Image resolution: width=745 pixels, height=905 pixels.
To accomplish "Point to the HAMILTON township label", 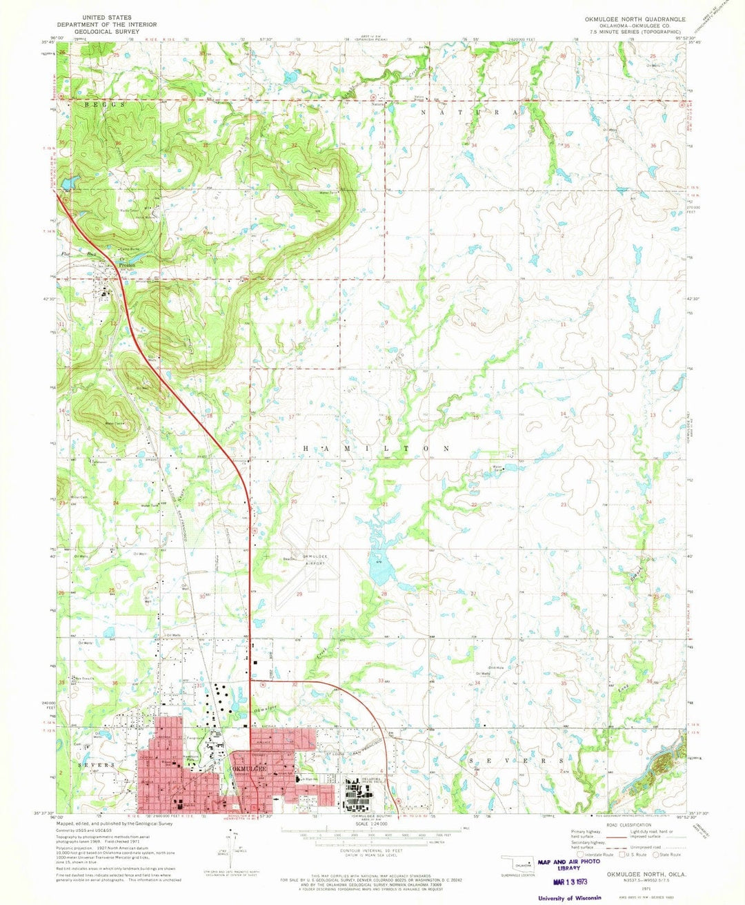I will [377, 448].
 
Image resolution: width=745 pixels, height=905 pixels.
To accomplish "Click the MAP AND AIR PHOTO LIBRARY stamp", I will [570, 864].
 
